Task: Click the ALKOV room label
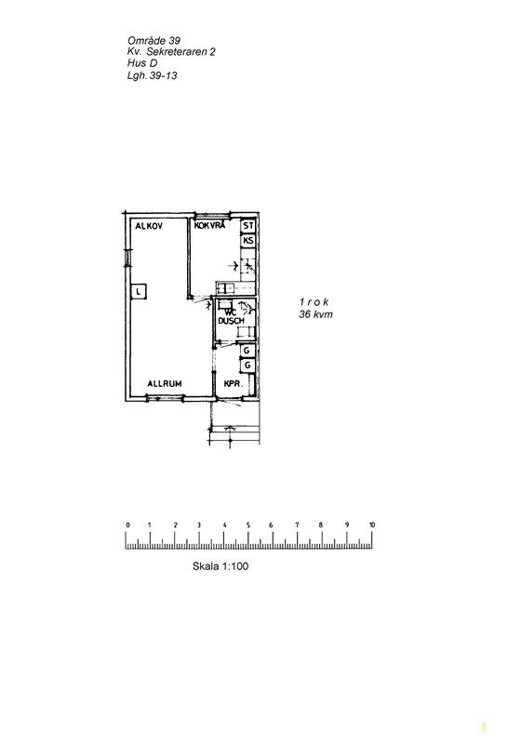(x=149, y=226)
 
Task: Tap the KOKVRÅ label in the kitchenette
(x=209, y=226)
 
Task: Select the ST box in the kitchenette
(x=248, y=226)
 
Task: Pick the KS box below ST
(x=248, y=241)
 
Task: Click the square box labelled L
(x=138, y=291)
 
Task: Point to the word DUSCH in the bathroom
(x=231, y=321)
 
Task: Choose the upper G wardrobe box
(x=247, y=351)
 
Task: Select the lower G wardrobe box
(x=247, y=365)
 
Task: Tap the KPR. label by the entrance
(x=233, y=384)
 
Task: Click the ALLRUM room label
(x=165, y=383)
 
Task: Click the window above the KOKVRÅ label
(x=212, y=215)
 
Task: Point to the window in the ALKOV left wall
(x=127, y=259)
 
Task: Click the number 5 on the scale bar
(x=248, y=525)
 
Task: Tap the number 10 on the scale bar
(x=372, y=525)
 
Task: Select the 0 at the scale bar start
(x=127, y=525)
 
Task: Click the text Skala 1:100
(x=220, y=566)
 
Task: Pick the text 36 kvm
(x=315, y=314)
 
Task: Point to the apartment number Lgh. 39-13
(x=152, y=75)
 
